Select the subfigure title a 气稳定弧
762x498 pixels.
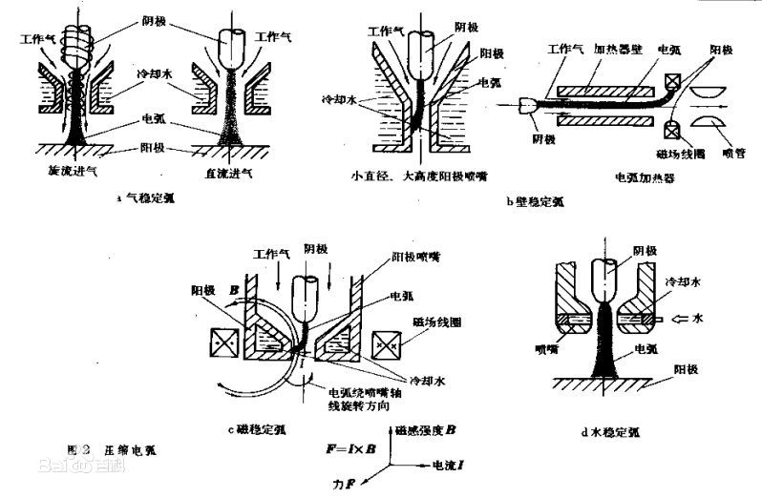pyautogui.click(x=145, y=199)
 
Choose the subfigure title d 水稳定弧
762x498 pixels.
pyautogui.click(x=609, y=432)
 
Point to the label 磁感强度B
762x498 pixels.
pyautogui.click(x=429, y=430)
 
